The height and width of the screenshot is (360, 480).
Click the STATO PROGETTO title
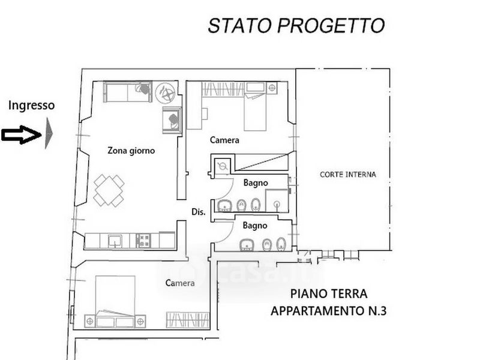pos(296,25)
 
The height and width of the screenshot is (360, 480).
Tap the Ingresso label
pos(32,106)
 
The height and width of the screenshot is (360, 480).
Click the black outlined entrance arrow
pos(21,134)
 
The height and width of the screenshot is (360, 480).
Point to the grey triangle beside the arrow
pos(49,133)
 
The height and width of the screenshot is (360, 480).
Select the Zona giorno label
pos(131,151)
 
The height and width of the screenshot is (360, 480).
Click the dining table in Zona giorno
pos(109,190)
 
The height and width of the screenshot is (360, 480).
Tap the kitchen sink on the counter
pos(115,241)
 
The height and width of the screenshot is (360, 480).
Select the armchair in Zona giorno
pos(172,120)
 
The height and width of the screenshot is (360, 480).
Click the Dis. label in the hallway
pos(199,212)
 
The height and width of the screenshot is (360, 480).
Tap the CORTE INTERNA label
pos(348,175)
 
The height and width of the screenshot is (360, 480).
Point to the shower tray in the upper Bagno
pos(277,201)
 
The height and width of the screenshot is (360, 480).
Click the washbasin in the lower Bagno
pos(247,245)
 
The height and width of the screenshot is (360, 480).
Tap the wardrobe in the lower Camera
pos(188,320)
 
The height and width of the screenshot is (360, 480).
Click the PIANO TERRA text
pos(329,294)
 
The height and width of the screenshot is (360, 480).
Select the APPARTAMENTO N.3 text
pos(328,311)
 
